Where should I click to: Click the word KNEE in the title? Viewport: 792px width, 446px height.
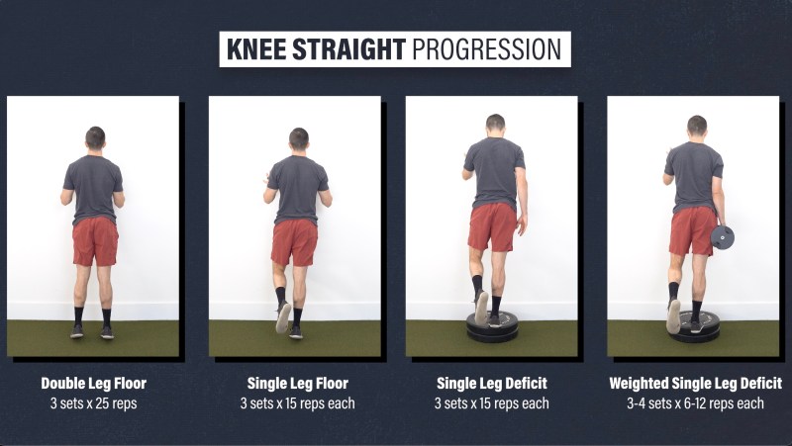(256, 49)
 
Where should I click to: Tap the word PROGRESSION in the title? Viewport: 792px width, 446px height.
(487, 49)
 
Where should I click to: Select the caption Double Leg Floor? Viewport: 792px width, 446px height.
(94, 384)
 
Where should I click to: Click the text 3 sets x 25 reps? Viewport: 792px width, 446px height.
(93, 403)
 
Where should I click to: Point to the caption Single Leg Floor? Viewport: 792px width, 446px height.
(298, 384)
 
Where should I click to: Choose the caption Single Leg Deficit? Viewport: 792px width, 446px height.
(492, 384)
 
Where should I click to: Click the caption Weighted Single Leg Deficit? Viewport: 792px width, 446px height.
(696, 384)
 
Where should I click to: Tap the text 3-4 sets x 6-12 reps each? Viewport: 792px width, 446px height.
(696, 403)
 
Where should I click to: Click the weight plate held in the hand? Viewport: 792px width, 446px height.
(723, 237)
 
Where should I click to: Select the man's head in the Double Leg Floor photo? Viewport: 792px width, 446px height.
(95, 138)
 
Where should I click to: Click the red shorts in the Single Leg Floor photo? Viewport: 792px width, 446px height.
(294, 242)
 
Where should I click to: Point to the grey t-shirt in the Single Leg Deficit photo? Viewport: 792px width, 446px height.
(494, 171)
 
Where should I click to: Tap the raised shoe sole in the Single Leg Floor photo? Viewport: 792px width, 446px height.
(283, 316)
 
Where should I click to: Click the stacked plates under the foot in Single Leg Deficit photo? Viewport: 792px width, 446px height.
(492, 328)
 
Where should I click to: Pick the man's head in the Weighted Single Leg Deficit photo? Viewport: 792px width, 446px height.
(697, 127)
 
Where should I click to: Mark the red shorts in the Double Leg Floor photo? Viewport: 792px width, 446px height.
(95, 241)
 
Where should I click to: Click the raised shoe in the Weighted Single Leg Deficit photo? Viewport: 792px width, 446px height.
(673, 315)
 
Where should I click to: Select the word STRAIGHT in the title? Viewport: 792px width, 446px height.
(349, 49)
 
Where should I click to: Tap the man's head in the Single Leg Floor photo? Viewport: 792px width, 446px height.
(299, 139)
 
